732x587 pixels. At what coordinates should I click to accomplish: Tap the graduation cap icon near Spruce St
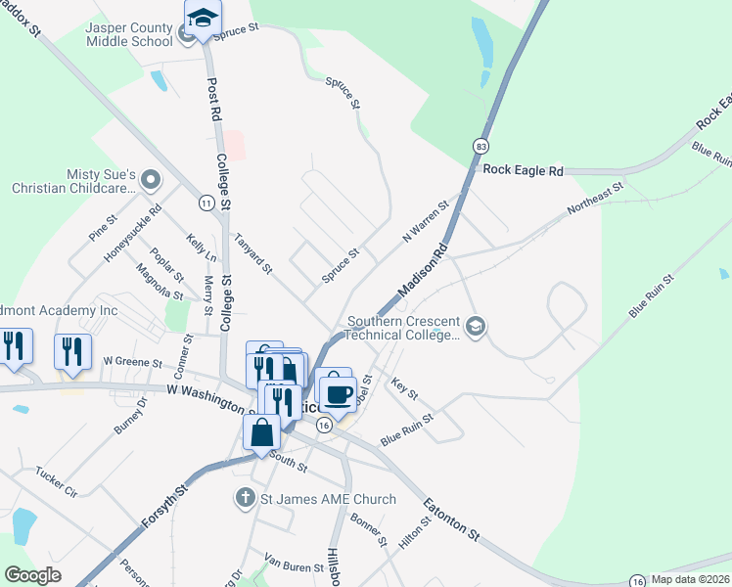204,19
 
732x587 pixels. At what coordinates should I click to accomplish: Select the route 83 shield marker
480,146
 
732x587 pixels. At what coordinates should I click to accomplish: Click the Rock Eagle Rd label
524,170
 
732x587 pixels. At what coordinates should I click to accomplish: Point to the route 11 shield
206,203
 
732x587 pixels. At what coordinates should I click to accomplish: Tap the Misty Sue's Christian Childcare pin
150,180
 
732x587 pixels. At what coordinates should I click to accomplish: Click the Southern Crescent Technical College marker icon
476,327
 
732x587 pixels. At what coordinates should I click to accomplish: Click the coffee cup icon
338,394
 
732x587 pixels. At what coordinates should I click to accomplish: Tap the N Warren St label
425,222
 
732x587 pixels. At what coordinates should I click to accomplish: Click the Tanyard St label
252,252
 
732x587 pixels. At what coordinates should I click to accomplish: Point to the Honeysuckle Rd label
133,235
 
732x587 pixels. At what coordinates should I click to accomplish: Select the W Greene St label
131,362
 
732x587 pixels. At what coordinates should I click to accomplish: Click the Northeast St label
594,199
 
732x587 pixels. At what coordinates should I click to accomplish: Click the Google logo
33,575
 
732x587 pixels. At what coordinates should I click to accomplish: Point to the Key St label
404,388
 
